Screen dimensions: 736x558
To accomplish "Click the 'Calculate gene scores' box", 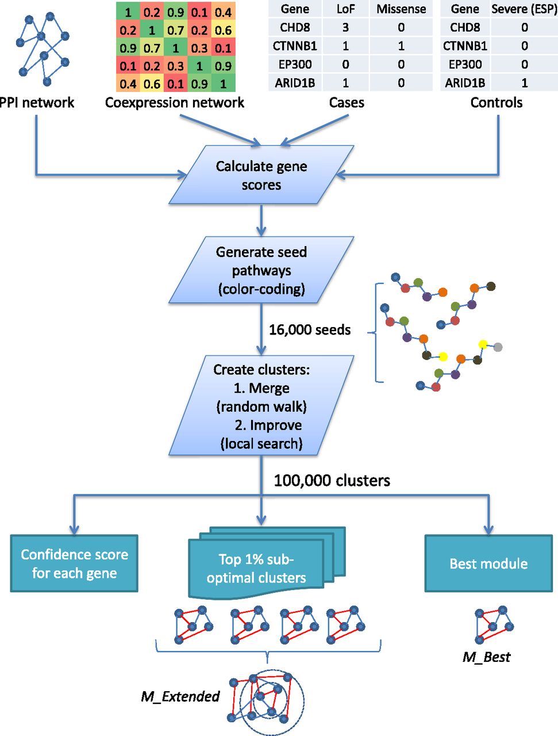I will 261,175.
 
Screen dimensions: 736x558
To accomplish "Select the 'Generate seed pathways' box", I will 261,270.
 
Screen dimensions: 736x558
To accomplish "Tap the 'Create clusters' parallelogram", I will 261,406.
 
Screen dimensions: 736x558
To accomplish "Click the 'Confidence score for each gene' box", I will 74,563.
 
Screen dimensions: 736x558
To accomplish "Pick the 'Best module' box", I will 488,563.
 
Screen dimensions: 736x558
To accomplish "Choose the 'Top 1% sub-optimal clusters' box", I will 257,568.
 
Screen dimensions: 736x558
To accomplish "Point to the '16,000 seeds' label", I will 310,330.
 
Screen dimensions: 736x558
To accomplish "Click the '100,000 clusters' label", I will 332,481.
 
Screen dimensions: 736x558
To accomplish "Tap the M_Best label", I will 486,657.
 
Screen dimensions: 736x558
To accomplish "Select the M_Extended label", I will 180,697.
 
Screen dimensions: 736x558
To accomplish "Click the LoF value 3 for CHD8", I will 345,28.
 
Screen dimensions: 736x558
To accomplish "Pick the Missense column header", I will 401,9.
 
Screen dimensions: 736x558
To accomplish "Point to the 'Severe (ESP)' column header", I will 524,9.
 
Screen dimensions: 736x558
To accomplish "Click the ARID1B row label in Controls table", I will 465,83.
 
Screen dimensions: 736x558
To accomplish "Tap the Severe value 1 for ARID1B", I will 524,83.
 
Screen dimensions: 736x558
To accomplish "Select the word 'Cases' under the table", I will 347,103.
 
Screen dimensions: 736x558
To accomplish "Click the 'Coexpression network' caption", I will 175,103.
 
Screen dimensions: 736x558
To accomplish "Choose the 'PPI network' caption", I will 38,103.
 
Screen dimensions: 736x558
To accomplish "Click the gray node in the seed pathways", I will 498,347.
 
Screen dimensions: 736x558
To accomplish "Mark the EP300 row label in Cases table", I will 295,64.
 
